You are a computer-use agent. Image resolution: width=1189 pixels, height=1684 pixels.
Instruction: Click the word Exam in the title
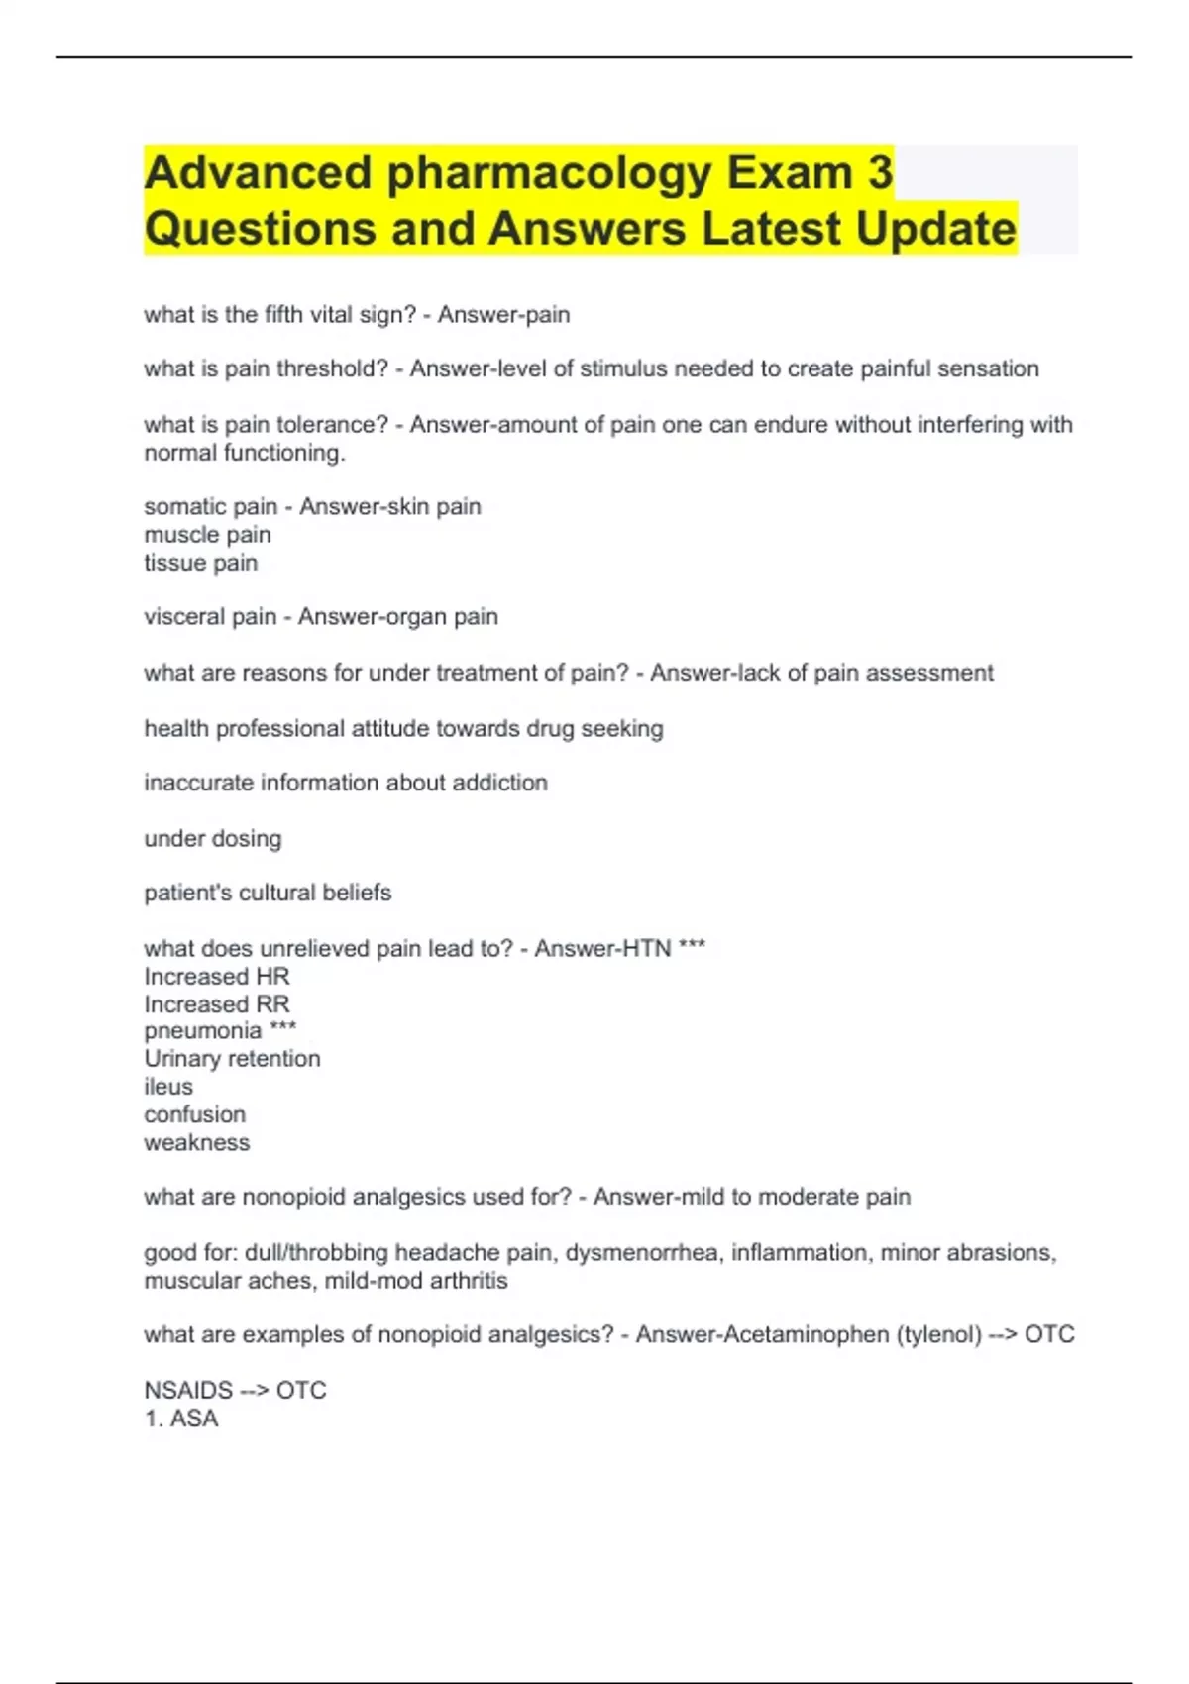[x=789, y=173]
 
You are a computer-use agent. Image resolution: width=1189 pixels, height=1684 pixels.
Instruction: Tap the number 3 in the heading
[x=880, y=173]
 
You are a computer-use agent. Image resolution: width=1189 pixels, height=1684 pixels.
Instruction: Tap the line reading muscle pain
[x=207, y=535]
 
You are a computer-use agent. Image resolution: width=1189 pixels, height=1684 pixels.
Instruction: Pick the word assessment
[x=929, y=673]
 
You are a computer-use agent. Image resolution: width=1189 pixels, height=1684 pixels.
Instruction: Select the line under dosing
[x=213, y=839]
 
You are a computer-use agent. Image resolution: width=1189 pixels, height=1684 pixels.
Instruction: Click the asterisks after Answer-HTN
[x=692, y=948]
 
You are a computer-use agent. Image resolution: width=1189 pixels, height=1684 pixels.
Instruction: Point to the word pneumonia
[x=202, y=1031]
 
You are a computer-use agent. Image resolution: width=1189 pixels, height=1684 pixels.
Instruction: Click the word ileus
[x=168, y=1087]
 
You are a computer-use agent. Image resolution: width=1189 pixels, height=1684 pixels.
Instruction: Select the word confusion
[x=194, y=1114]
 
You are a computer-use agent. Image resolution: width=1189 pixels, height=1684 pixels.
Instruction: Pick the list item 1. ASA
[x=181, y=1419]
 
